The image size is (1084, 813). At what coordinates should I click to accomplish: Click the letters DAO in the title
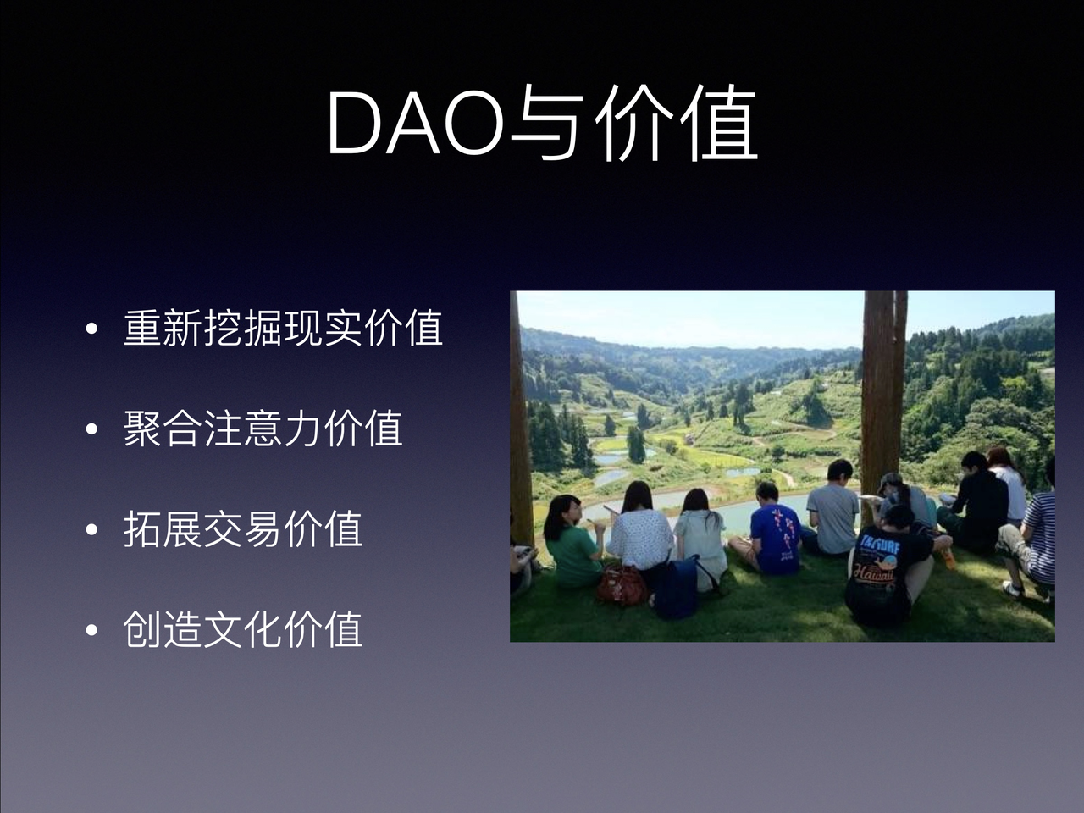coord(415,124)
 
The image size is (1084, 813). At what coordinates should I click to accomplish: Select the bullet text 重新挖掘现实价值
coord(283,328)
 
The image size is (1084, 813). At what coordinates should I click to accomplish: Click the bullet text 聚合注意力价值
coord(263,428)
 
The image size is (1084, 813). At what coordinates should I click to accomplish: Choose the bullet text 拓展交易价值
coord(243,528)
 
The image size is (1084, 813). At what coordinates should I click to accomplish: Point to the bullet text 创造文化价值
coord(243,629)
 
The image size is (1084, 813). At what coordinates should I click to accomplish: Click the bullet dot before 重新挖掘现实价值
coord(91,329)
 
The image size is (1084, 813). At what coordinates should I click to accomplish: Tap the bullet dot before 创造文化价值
coord(91,631)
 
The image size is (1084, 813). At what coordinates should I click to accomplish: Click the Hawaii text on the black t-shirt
coord(872,573)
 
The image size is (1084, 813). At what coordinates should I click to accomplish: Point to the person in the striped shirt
coord(1033,534)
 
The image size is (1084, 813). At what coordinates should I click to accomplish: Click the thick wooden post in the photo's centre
coord(883,390)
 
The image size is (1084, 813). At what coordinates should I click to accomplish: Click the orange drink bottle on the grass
coord(949,556)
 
